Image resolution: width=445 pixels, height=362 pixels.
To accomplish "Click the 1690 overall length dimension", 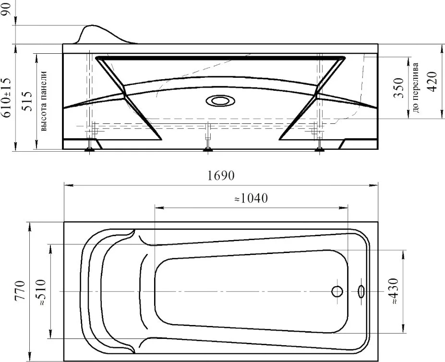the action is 221,176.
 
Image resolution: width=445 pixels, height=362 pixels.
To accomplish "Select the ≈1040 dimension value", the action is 251,198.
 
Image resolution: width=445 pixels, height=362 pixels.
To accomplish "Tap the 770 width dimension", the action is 20,290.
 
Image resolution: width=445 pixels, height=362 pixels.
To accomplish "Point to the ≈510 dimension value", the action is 40,292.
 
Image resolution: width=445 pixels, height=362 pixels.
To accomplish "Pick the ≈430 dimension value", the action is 394,291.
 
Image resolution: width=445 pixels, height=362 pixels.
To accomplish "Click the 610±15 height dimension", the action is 7,97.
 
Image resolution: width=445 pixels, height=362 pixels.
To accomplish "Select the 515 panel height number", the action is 28,101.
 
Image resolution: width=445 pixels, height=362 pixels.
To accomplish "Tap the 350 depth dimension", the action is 398,88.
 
